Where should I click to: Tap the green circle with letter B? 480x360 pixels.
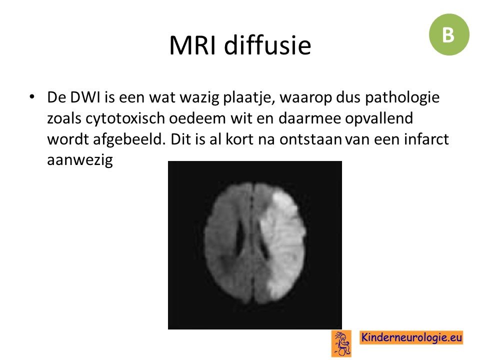(x=449, y=34)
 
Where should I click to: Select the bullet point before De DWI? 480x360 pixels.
(x=32, y=97)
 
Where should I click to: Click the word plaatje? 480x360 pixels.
(x=248, y=98)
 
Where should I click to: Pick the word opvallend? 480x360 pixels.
(x=379, y=119)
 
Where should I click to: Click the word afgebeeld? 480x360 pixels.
(x=129, y=139)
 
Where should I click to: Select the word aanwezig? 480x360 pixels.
(x=80, y=160)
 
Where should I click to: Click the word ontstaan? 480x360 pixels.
(x=310, y=140)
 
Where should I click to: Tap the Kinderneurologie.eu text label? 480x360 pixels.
(x=411, y=337)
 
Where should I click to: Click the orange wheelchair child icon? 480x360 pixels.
(x=341, y=343)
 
